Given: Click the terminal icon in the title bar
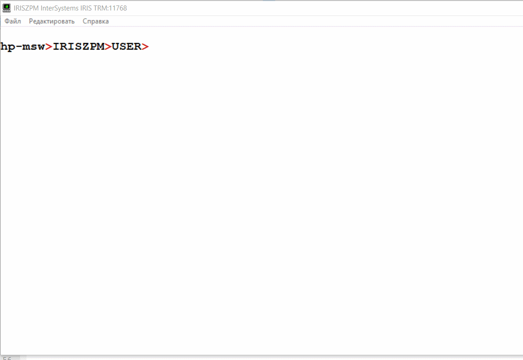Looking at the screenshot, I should coord(6,8).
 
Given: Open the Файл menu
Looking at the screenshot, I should coord(13,21).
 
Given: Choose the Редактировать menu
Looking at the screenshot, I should coord(52,21).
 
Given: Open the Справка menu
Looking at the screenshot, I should coord(96,21).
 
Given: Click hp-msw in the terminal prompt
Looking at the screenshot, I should coord(22,47).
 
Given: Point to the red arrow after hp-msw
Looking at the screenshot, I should coord(49,47).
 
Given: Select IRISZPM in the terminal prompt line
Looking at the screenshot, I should coord(78,47).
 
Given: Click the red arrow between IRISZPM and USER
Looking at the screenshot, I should coord(108,47).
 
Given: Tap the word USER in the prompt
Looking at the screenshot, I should coord(126,47).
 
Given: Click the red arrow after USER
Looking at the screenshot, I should coord(145,47).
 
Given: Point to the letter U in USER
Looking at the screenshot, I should coord(115,47).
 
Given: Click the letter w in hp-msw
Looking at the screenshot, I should coord(41,47).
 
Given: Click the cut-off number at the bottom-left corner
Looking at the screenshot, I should coord(7,358).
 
